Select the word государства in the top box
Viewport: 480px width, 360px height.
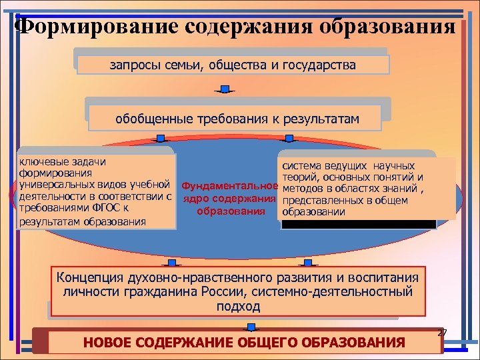(x=319, y=65)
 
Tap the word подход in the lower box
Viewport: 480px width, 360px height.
(x=238, y=306)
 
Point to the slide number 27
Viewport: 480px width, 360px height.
(x=442, y=333)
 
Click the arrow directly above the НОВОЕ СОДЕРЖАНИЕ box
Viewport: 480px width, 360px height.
(x=251, y=327)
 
